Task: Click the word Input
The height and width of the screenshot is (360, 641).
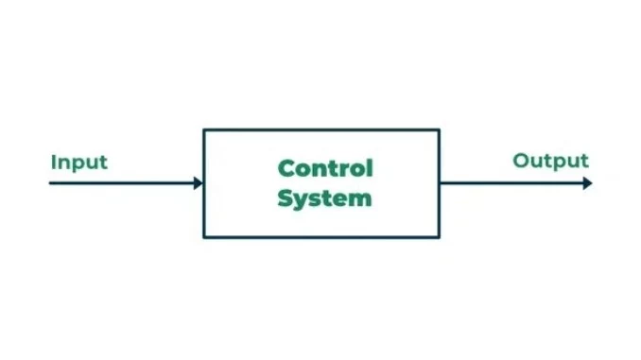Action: (79, 162)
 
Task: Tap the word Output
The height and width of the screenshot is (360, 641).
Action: (550, 161)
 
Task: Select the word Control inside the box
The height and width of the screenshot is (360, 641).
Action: (325, 168)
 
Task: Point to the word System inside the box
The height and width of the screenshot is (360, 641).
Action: (325, 198)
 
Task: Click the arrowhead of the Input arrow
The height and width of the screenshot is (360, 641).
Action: (198, 182)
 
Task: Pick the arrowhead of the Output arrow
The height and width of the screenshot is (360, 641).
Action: (587, 182)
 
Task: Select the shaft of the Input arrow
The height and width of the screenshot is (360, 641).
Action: (123, 182)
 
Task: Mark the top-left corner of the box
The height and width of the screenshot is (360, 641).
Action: (204, 129)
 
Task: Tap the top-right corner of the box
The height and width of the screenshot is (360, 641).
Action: (440, 129)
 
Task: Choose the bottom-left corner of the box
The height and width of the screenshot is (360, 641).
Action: (204, 237)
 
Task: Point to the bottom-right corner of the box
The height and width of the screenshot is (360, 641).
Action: (440, 237)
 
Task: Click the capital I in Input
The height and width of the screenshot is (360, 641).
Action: (54, 161)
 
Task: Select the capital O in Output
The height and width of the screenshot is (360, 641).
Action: (521, 161)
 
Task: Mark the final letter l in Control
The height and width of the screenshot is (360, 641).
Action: (371, 167)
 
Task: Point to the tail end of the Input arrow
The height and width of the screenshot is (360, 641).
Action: (51, 182)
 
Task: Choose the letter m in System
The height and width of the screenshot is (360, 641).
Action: (360, 199)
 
